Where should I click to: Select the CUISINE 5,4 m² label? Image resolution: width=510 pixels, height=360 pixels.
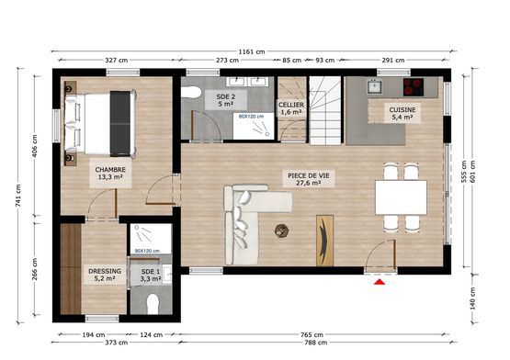tap(402, 113)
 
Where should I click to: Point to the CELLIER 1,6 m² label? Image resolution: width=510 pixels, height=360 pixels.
tap(291, 108)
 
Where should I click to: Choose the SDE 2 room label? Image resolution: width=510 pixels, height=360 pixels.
tap(225, 100)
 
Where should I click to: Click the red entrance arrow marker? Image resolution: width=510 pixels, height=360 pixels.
tap(378, 283)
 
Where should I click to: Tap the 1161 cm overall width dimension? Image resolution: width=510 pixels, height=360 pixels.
tap(252, 52)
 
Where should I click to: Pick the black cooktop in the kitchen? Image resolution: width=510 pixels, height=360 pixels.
tap(413, 88)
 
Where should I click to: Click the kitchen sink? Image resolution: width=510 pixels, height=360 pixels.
tap(375, 88)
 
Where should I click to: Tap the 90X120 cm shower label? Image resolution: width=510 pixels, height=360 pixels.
tap(147, 251)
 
